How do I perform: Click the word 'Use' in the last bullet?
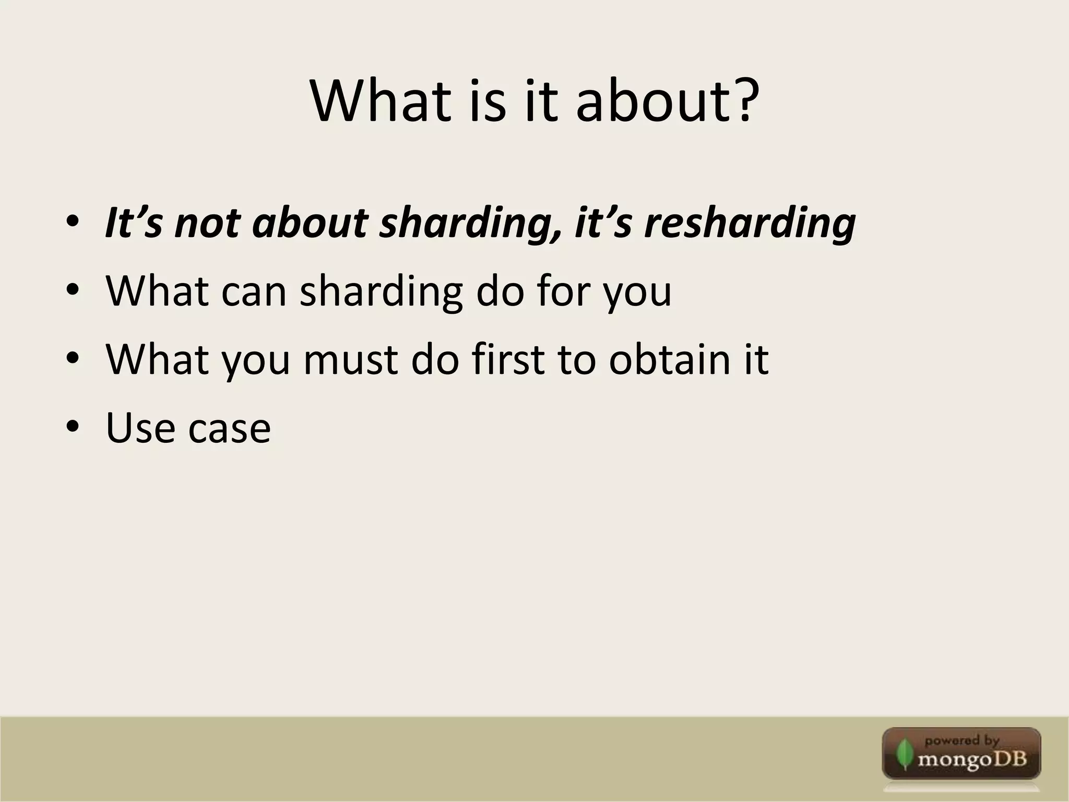[140, 427]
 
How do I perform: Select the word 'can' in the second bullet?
[254, 291]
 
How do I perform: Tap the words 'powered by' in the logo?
[961, 740]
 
